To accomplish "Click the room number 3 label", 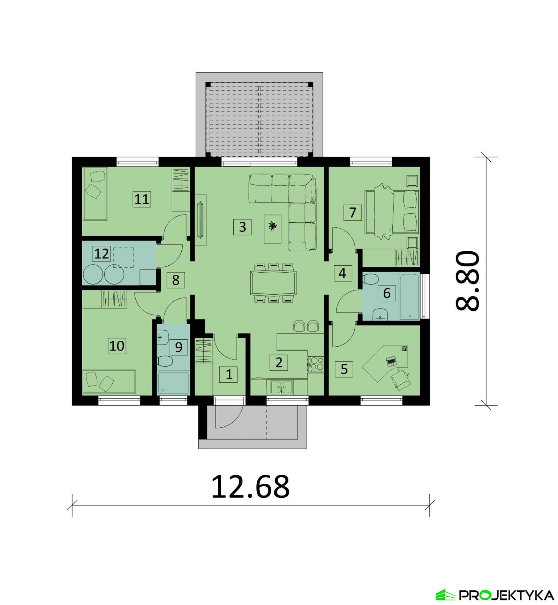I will [242, 227].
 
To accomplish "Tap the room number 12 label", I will [102, 253].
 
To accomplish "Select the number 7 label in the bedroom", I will [352, 212].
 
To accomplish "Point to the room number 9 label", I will [179, 347].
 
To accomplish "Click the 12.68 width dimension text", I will [250, 487].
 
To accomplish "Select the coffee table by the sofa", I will [273, 228].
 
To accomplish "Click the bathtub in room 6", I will [409, 297].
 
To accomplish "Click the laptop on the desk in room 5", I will [391, 361].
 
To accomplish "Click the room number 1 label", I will [229, 374].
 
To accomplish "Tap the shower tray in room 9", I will [173, 383].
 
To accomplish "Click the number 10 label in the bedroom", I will [117, 346].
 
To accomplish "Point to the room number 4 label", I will [342, 273].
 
